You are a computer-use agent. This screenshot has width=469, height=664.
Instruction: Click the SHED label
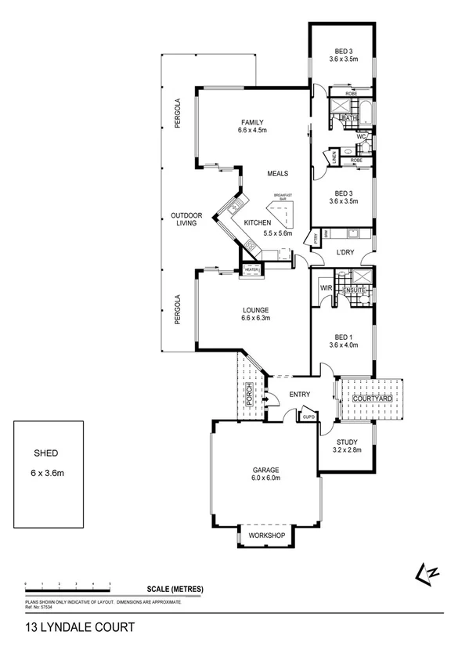click(45, 453)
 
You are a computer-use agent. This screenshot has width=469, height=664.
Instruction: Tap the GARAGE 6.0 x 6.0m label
click(265, 474)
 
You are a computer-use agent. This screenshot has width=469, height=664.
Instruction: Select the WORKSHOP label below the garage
click(265, 536)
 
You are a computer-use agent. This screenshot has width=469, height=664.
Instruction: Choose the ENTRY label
click(300, 395)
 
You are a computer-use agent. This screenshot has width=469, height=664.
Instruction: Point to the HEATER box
click(251, 269)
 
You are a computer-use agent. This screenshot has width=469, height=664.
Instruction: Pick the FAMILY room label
click(251, 126)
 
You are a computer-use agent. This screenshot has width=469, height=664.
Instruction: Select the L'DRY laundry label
click(347, 252)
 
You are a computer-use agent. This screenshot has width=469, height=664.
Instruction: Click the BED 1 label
click(345, 341)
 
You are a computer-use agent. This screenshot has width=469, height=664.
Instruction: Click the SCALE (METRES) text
click(175, 589)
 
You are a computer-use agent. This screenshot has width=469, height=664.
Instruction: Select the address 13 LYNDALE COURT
click(69, 627)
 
